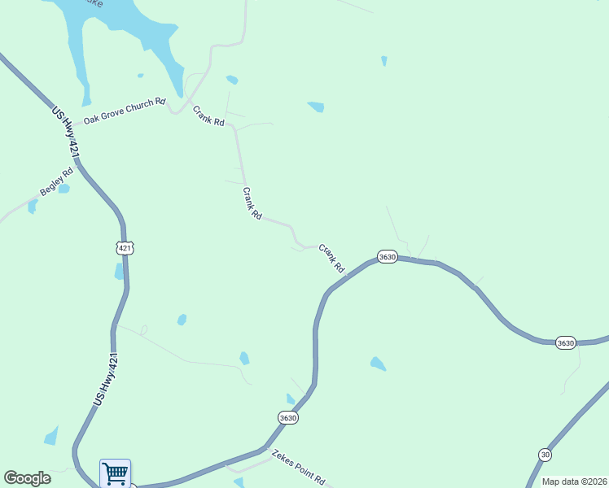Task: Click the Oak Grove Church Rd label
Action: pos(125,107)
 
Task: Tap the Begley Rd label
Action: pos(56,182)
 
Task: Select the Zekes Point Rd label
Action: pos(299,467)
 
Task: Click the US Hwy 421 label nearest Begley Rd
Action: pos(66,133)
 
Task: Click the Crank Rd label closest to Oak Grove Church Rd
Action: pos(208,117)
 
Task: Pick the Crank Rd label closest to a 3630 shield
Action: pos(332,259)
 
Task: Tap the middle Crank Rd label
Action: pos(252,203)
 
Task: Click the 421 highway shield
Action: pos(124,247)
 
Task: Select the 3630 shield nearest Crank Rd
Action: pos(387,257)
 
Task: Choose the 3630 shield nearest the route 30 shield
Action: pos(566,343)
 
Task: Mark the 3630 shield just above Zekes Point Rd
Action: pos(287,418)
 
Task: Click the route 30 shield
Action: pos(545,454)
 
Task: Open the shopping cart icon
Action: pos(115,473)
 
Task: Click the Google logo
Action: pos(27,478)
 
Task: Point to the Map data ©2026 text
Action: pos(574,481)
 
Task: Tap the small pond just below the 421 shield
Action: pos(120,272)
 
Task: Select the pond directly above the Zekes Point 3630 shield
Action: pos(291,399)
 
